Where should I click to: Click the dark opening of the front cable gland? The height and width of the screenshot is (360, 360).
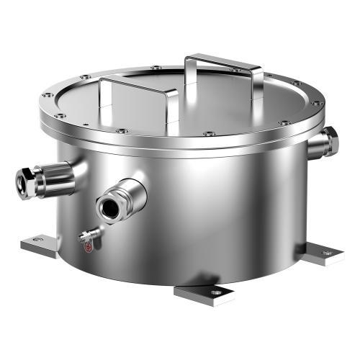pos(111,206)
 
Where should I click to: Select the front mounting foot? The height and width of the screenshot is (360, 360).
pos(204,293)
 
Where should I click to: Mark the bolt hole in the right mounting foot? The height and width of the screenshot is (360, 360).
pos(328,253)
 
